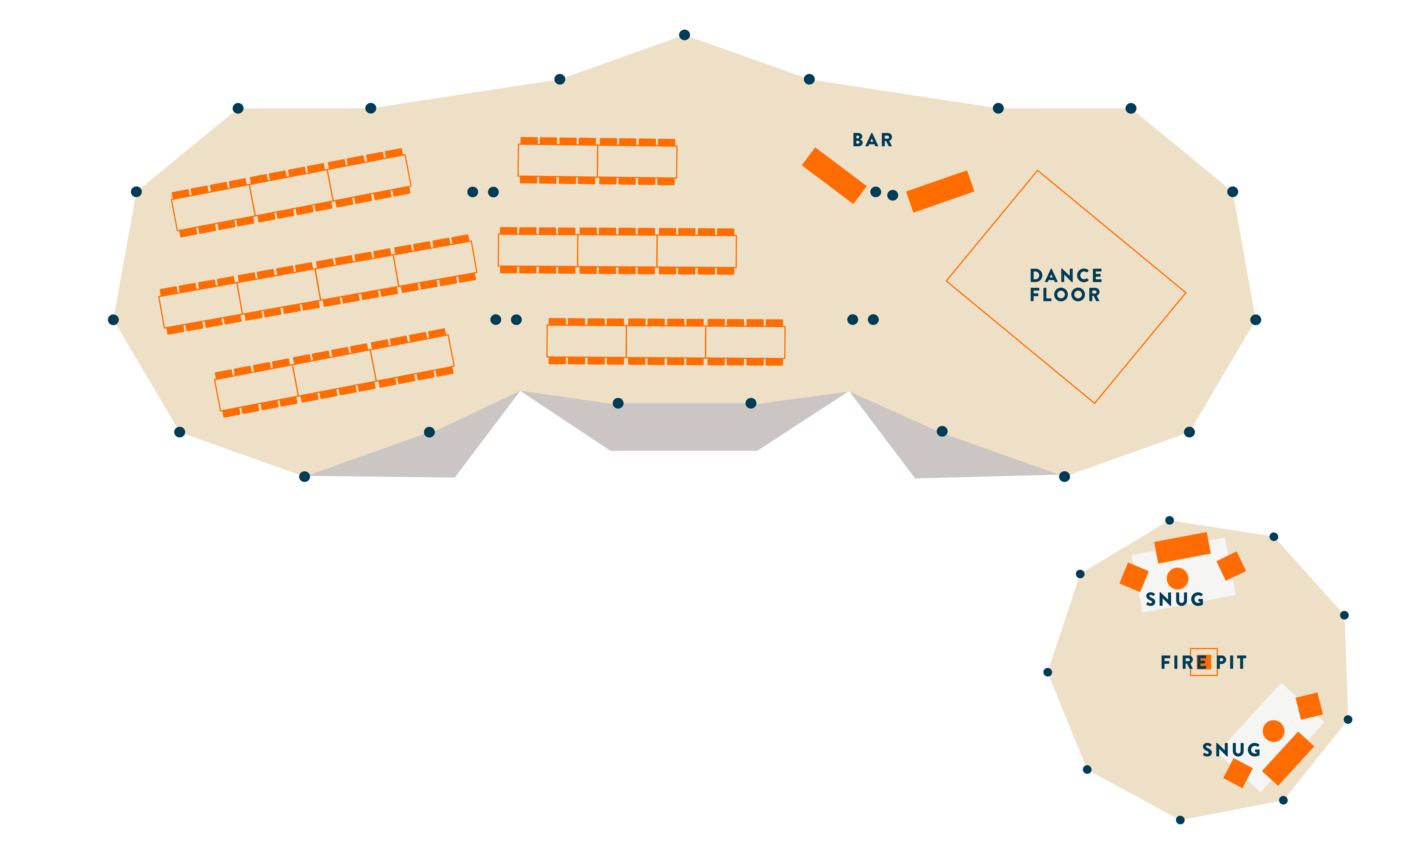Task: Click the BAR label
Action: pyautogui.click(x=872, y=140)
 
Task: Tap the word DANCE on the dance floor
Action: pyautogui.click(x=1066, y=276)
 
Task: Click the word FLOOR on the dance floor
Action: pyautogui.click(x=1065, y=295)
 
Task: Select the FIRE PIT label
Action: pyautogui.click(x=1203, y=663)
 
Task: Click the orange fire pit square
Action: pyautogui.click(x=1204, y=662)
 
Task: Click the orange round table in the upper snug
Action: pyautogui.click(x=1177, y=578)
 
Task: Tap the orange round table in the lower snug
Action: pyautogui.click(x=1273, y=731)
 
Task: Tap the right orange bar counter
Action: pyautogui.click(x=940, y=191)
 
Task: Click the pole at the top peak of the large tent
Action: pyautogui.click(x=685, y=35)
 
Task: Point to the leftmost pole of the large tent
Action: pyautogui.click(x=113, y=320)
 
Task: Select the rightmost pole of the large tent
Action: pyautogui.click(x=1256, y=320)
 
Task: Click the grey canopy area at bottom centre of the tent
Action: pyautogui.click(x=684, y=427)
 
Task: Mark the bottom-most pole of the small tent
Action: pyautogui.click(x=1180, y=820)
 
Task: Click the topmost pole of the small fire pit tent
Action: pyautogui.click(x=1169, y=520)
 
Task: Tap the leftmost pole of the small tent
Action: pyautogui.click(x=1048, y=672)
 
